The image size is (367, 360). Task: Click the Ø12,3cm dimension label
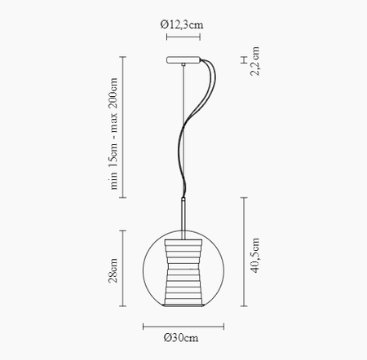tap(183, 24)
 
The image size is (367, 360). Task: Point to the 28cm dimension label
tap(113, 269)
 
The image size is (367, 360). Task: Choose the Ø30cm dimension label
tap(182, 338)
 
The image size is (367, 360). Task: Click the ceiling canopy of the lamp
tap(183, 59)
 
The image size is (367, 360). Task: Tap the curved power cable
tap(196, 114)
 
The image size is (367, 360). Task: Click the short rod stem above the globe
tap(183, 213)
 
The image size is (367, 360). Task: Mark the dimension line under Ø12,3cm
tap(183, 37)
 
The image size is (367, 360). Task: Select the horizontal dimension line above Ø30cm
tap(183, 325)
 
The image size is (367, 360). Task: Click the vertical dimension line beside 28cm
tap(123, 270)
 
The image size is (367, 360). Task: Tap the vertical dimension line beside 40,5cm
tap(242, 252)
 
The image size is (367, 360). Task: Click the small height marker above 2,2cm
tap(242, 59)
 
